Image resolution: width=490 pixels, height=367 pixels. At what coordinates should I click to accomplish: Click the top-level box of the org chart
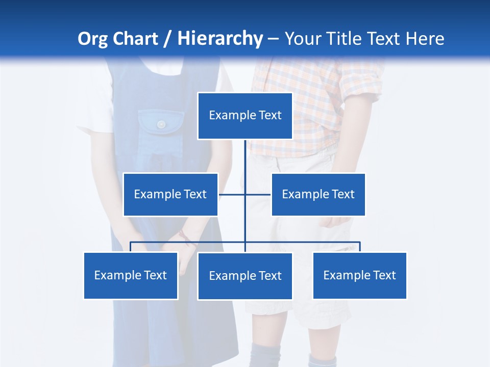tap(245, 116)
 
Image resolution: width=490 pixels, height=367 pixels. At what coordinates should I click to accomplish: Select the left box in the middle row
tap(170, 194)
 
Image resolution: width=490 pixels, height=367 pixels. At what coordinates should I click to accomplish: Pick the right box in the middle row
tap(318, 194)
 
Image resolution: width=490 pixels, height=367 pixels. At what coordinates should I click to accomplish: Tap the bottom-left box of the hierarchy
tap(131, 275)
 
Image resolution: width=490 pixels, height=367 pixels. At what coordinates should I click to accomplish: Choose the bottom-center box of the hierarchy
tap(245, 276)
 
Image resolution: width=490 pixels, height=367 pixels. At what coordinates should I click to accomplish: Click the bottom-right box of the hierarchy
tap(359, 275)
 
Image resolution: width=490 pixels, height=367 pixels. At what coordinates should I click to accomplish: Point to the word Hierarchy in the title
tap(220, 39)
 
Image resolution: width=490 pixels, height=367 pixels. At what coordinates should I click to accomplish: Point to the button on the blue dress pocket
tap(161, 124)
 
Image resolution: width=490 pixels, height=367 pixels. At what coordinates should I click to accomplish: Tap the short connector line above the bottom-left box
tap(131, 247)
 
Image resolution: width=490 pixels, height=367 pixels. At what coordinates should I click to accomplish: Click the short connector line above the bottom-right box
tap(360, 247)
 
